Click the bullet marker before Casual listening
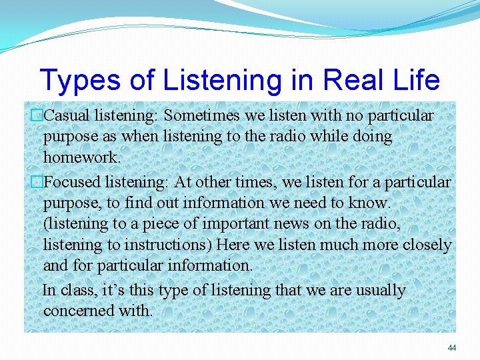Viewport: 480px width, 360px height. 37,116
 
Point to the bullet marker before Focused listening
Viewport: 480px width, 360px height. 37,182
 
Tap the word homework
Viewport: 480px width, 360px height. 81,157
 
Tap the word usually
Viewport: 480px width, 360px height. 379,291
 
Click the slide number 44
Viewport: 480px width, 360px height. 452,348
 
